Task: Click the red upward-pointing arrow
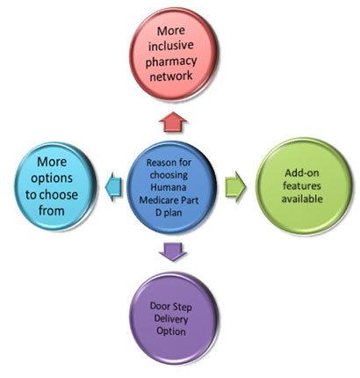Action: pos(173,122)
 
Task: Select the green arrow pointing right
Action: pos(235,186)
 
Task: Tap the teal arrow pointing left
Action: pos(113,186)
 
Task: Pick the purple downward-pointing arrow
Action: pos(173,251)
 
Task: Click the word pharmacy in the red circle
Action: pos(171,62)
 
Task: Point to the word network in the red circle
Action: pos(171,76)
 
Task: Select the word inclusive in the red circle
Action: pos(171,46)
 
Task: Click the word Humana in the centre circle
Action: pos(168,187)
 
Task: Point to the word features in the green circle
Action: pos(302,185)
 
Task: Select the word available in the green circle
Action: pos(302,199)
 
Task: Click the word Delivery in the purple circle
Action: pos(171,319)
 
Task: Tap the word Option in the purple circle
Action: pos(171,331)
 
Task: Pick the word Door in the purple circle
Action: pos(160,306)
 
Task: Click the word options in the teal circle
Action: pos(52,178)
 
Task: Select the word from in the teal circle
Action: pos(52,210)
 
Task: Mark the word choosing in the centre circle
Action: pos(169,175)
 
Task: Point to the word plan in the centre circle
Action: pos(173,213)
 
